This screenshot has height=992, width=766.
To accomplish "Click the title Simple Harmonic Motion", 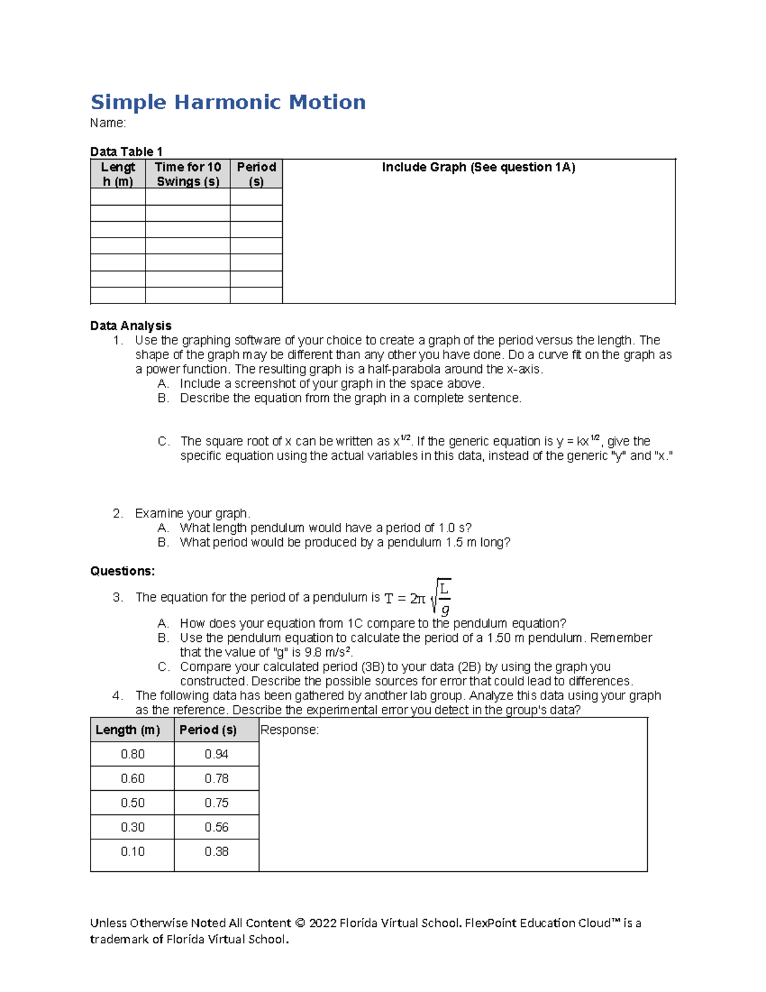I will coord(228,102).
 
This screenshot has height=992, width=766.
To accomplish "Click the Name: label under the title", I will coord(108,123).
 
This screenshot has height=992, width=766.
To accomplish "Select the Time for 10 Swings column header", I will coord(188,174).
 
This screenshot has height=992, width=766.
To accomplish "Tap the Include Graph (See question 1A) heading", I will coord(478,167).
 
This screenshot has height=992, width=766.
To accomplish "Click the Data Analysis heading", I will coord(131,326).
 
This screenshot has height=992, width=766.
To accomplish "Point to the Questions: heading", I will coord(123,571).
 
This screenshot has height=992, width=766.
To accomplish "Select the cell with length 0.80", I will coord(133,754).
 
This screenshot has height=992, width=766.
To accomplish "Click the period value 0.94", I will coord(216,754).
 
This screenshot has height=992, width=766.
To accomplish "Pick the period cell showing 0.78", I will coord(216,779).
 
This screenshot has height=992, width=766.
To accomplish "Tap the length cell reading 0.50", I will coord(133,803).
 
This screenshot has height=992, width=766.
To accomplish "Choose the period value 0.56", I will coord(216,827).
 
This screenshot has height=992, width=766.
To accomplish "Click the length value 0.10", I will coord(133,851).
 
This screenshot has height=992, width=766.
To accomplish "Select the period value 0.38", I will coord(216,851).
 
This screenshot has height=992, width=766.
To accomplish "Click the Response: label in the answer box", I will coord(289,730).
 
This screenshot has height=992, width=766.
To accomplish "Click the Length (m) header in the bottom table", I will coord(128,730).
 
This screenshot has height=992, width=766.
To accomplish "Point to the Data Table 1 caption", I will coord(126,151).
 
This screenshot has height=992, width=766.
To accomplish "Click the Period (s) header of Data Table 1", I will coord(256,174).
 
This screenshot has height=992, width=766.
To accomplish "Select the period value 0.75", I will coord(216,803).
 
